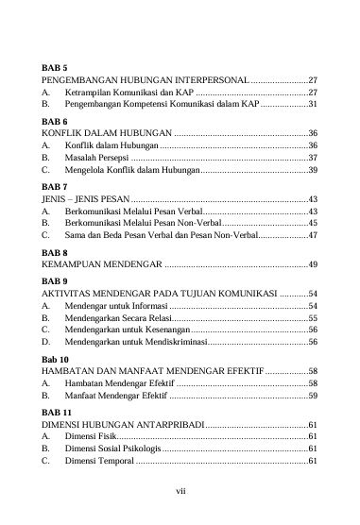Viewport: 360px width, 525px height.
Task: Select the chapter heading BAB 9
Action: pyautogui.click(x=55, y=281)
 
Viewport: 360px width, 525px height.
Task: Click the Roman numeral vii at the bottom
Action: pyautogui.click(x=180, y=490)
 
